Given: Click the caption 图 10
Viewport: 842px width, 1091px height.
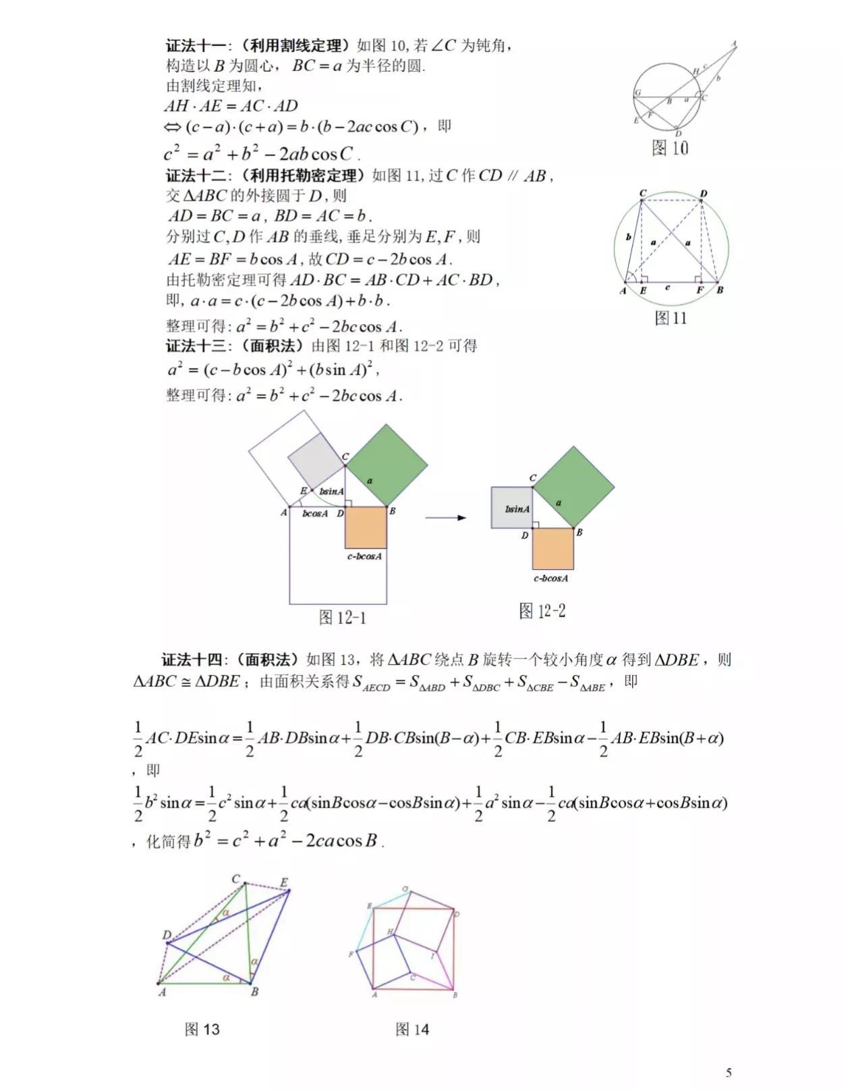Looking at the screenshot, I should (x=669, y=148).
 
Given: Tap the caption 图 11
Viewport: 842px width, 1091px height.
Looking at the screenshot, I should (x=671, y=317).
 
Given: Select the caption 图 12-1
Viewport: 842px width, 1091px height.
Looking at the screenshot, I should (x=343, y=617).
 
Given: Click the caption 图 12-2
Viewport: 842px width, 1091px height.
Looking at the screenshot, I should (x=542, y=611).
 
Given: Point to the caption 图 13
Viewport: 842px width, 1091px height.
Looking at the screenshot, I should (x=202, y=1029).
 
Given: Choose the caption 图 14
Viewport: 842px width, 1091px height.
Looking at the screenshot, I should (x=412, y=1029).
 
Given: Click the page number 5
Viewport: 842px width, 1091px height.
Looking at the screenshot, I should (x=729, y=1072).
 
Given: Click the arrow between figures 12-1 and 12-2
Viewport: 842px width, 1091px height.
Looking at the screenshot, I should (x=446, y=518).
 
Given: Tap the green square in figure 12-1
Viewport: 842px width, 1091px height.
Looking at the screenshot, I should (x=387, y=466).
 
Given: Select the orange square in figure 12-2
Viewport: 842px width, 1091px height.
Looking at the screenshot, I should (x=553, y=548).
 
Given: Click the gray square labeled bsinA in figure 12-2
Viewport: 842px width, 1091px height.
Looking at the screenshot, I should (x=512, y=507).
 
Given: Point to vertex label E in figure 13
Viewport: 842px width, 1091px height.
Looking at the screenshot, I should (x=284, y=882).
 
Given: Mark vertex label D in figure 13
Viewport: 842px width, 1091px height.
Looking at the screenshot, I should (x=167, y=935).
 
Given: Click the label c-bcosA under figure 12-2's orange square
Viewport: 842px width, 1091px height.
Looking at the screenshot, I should (x=551, y=578).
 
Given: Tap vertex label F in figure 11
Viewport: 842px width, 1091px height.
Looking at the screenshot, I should (x=700, y=290).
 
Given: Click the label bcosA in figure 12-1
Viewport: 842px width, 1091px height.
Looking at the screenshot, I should (x=315, y=514).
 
